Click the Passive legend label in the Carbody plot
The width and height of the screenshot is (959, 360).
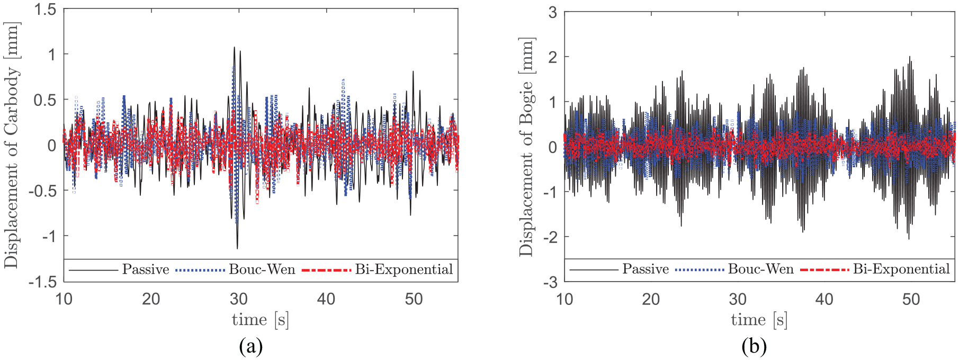click(x=146, y=269)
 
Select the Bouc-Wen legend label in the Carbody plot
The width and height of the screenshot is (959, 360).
click(x=262, y=269)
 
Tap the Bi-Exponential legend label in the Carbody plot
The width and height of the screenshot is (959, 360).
click(x=404, y=270)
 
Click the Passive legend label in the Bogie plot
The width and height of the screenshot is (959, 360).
click(x=646, y=269)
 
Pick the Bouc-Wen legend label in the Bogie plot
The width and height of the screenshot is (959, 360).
click(x=761, y=269)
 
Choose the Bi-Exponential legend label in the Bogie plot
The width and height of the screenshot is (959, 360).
click(x=902, y=269)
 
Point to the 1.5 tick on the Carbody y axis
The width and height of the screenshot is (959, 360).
click(x=46, y=9)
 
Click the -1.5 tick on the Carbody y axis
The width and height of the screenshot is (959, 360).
click(x=42, y=282)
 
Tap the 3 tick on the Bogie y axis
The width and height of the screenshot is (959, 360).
click(x=553, y=12)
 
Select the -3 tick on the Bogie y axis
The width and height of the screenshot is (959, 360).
click(x=550, y=282)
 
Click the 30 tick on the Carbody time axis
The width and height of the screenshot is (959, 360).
click(x=239, y=299)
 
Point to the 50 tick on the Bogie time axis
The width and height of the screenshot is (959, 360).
click(x=911, y=299)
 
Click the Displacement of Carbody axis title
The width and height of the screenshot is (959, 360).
click(x=12, y=145)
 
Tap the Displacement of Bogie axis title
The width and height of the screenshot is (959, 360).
click(x=526, y=147)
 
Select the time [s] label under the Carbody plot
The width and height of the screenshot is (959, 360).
click(x=261, y=320)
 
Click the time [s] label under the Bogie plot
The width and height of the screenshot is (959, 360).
click(x=759, y=320)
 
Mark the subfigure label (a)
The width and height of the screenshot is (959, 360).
click(x=251, y=347)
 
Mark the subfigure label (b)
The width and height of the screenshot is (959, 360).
click(x=754, y=347)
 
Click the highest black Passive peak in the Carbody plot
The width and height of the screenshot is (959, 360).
click(x=234, y=47)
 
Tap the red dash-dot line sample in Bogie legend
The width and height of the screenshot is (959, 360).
click(x=824, y=270)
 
